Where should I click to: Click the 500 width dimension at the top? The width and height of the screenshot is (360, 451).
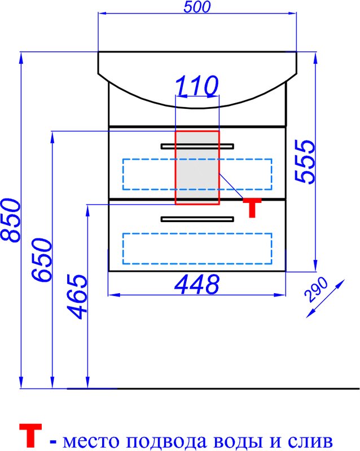pyautogui.click(x=197, y=7)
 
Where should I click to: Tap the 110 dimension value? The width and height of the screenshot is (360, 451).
pyautogui.click(x=197, y=86)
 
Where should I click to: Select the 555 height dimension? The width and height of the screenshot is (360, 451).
pyautogui.click(x=305, y=161)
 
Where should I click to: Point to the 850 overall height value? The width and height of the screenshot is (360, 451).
pyautogui.click(x=11, y=220)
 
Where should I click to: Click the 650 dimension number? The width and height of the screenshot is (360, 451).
pyautogui.click(x=42, y=260)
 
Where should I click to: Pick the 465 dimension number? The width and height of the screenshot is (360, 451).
pyautogui.click(x=77, y=297)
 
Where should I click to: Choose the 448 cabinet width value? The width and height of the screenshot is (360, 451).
pyautogui.click(x=197, y=284)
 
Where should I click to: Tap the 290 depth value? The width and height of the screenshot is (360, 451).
pyautogui.click(x=317, y=290)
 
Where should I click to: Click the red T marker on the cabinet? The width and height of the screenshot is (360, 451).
pyautogui.click(x=252, y=207)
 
